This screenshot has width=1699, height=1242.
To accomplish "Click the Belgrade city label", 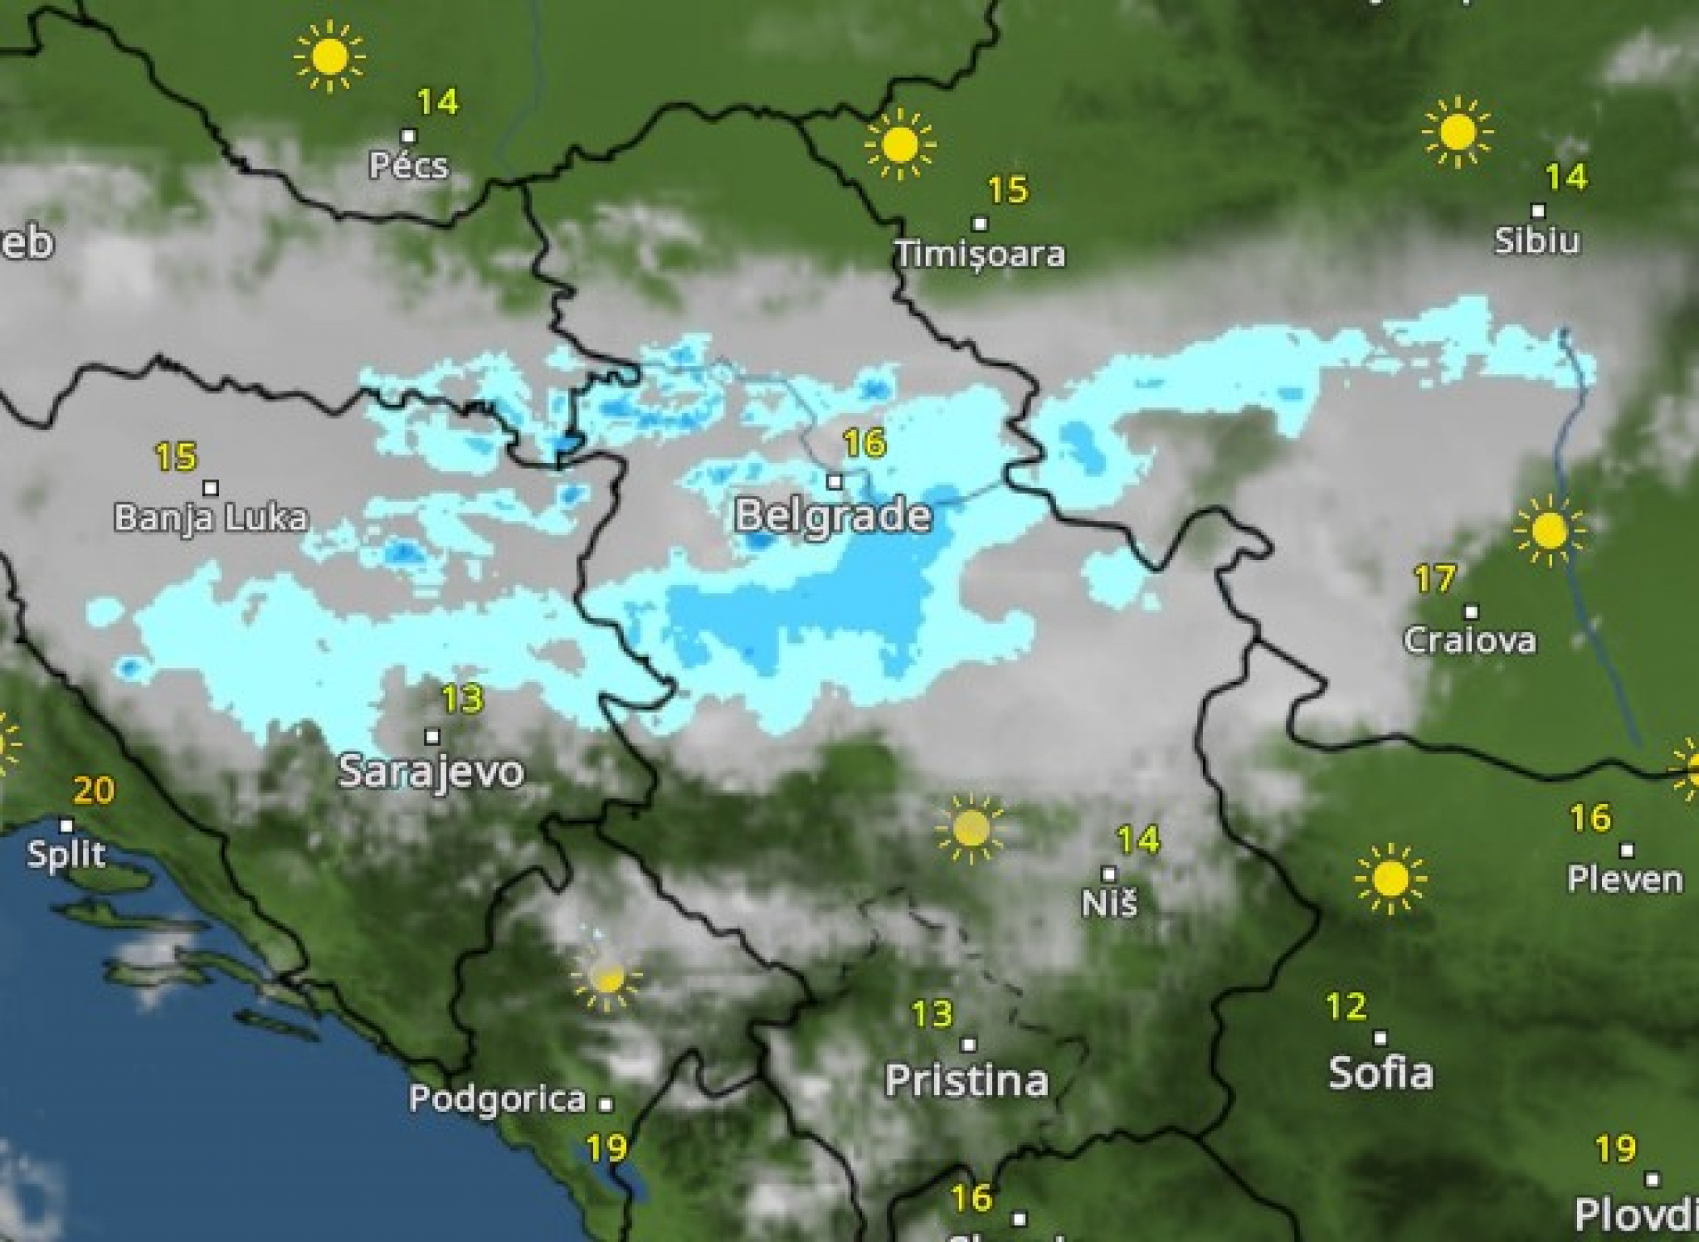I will click(x=833, y=516).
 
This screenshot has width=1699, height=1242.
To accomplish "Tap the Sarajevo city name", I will click(x=431, y=772).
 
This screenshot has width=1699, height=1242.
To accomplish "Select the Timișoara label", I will click(x=980, y=254).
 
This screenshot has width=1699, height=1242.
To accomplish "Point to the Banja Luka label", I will click(x=211, y=518).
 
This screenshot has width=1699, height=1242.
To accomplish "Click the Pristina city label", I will click(x=966, y=1080).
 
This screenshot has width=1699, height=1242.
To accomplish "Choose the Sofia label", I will click(x=1380, y=1073).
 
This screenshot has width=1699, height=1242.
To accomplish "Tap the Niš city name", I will click(x=1109, y=903).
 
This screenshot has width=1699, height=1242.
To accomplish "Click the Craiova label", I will click(x=1470, y=640).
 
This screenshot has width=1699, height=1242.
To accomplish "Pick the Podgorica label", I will click(x=498, y=1098).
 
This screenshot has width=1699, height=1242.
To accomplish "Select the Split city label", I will click(x=66, y=854).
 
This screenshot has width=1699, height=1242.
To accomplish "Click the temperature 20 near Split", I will click(x=94, y=791).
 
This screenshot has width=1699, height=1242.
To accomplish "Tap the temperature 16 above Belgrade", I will click(x=864, y=444).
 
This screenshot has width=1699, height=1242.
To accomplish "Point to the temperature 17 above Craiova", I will click(x=1435, y=579).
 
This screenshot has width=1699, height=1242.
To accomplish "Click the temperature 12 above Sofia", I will click(x=1346, y=1007).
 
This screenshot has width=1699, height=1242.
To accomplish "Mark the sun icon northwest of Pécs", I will click(x=329, y=56).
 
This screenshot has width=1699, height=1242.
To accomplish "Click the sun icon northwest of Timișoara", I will click(x=900, y=144).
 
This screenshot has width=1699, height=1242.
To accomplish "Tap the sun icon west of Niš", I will click(x=971, y=828).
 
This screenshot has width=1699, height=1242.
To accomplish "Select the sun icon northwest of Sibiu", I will click(x=1458, y=132).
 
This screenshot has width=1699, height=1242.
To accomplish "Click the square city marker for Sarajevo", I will click(x=431, y=736).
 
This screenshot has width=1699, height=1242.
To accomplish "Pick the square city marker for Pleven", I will click(x=1627, y=850).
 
